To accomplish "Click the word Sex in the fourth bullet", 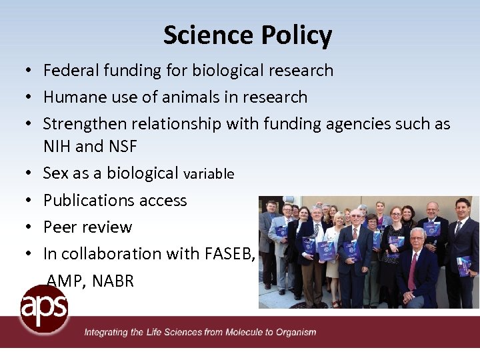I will click(x=55, y=173).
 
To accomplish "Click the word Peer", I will click(x=59, y=227).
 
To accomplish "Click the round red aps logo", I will click(x=43, y=307).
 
